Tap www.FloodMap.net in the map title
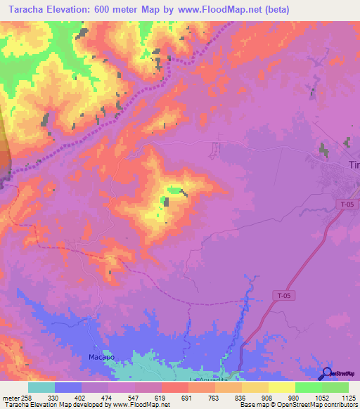(x=210, y=9)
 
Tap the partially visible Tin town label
(x=354, y=164)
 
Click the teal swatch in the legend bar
(x=41, y=387)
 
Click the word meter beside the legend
(x=10, y=397)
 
